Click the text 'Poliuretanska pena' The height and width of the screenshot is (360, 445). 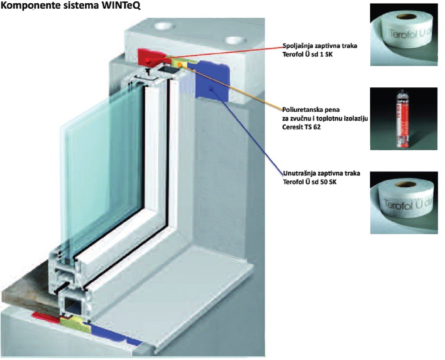click(309, 108)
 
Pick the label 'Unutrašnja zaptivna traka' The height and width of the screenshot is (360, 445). click(321, 173)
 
